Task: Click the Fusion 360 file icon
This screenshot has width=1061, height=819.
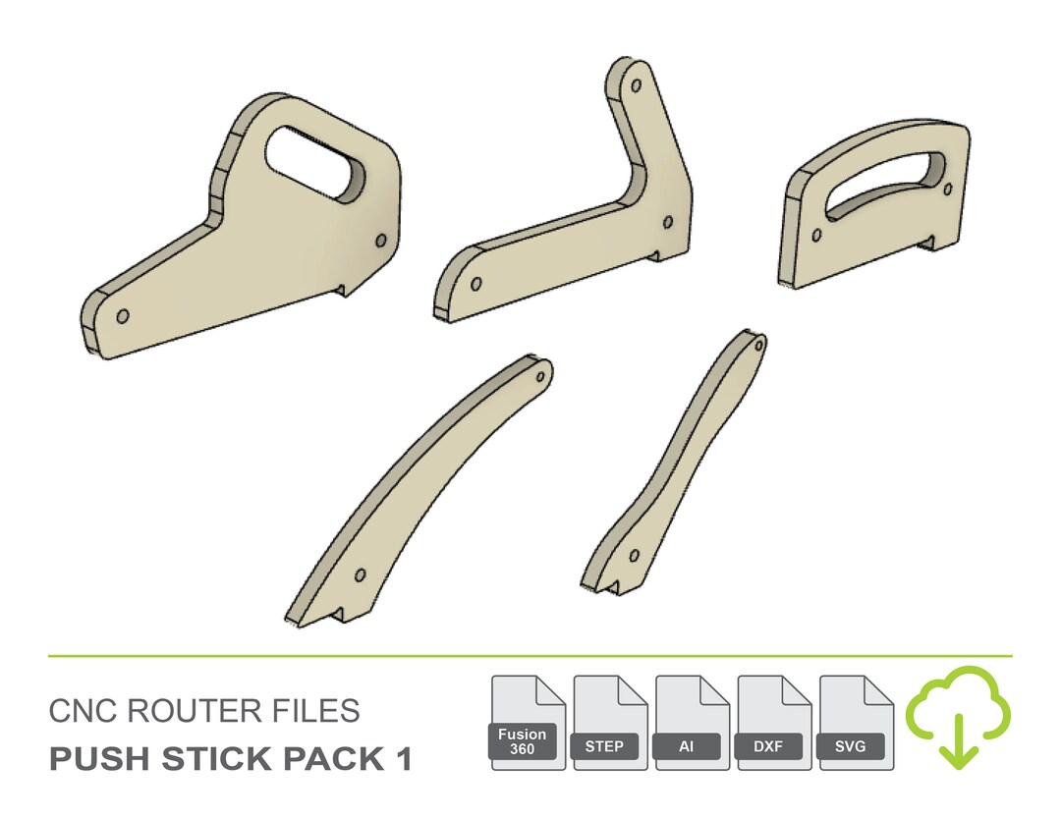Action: click(528, 722)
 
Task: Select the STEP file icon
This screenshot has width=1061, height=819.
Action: click(610, 722)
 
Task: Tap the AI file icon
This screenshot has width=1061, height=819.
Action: click(692, 722)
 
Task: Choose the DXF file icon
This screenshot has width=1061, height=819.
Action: click(774, 722)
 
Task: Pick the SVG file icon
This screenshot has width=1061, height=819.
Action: click(856, 722)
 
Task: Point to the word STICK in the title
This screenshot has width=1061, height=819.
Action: click(213, 759)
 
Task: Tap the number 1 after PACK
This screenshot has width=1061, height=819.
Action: click(402, 759)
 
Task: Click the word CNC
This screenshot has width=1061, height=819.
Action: click(80, 711)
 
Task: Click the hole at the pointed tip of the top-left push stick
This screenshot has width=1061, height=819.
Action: click(123, 317)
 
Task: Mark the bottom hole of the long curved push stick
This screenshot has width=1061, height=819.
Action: click(360, 574)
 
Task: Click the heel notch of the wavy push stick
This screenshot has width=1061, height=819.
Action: click(616, 586)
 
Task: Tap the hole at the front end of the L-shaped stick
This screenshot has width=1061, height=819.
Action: click(476, 285)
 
